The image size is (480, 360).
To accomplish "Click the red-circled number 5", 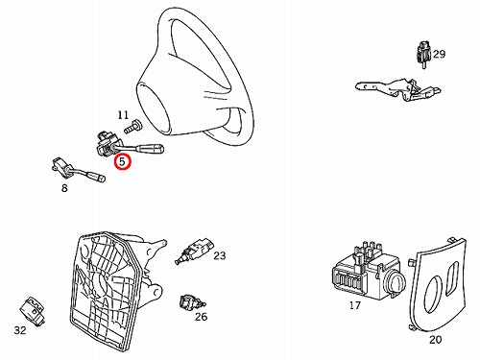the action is click(x=123, y=161).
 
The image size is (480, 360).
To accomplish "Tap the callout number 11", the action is click(x=123, y=115).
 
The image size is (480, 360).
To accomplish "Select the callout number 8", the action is click(x=64, y=188).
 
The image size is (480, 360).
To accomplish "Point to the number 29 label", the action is click(x=439, y=54).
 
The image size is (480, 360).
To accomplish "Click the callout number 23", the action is click(x=220, y=255).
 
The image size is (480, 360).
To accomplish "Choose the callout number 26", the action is click(x=202, y=317).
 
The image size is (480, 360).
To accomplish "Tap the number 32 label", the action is click(x=20, y=330).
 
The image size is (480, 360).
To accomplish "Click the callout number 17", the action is click(x=355, y=305).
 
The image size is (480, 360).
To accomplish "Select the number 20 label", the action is click(x=435, y=339).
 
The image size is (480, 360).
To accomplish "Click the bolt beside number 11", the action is click(x=132, y=127).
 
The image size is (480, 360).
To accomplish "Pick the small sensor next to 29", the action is click(x=423, y=55).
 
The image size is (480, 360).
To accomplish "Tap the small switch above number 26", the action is click(x=192, y=301).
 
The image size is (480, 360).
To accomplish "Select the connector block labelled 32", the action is click(x=33, y=310).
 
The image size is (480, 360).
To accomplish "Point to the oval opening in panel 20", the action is click(x=432, y=296).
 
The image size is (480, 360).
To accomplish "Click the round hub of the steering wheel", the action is click(x=153, y=108).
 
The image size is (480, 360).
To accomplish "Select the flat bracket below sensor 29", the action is click(x=398, y=88).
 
